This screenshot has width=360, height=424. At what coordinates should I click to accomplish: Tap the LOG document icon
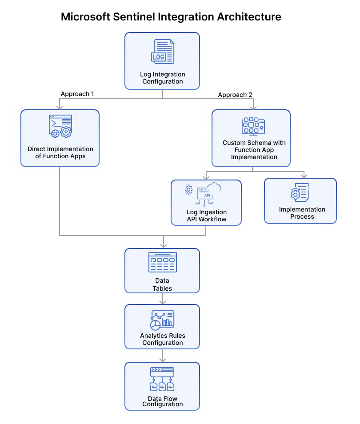pyautogui.click(x=162, y=52)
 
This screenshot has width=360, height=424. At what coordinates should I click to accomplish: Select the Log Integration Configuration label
pyautogui.click(x=162, y=78)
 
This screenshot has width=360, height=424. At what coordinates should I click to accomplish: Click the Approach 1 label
pyautogui.click(x=77, y=94)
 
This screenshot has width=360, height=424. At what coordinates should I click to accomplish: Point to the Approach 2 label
pyautogui.click(x=235, y=95)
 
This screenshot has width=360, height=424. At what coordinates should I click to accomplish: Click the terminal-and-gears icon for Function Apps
pyautogui.click(x=60, y=126)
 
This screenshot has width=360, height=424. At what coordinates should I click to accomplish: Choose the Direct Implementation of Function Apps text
pyautogui.click(x=60, y=152)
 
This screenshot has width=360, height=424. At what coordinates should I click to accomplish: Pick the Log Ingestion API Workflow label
pyautogui.click(x=206, y=215)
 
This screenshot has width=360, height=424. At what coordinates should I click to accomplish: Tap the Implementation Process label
pyautogui.click(x=302, y=213)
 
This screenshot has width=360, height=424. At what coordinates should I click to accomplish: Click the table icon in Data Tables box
pyautogui.click(x=162, y=262)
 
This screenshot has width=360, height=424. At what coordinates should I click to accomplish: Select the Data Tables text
pyautogui.click(x=162, y=284)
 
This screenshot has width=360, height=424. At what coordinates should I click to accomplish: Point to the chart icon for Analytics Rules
pyautogui.click(x=162, y=319)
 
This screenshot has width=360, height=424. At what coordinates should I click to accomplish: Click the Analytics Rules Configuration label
pyautogui.click(x=162, y=339)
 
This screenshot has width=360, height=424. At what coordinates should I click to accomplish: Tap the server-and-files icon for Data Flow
pyautogui.click(x=162, y=379)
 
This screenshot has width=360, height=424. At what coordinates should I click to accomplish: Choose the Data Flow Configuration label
pyautogui.click(x=162, y=401)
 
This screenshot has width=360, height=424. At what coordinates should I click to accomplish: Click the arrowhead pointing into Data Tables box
pyautogui.click(x=164, y=245)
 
